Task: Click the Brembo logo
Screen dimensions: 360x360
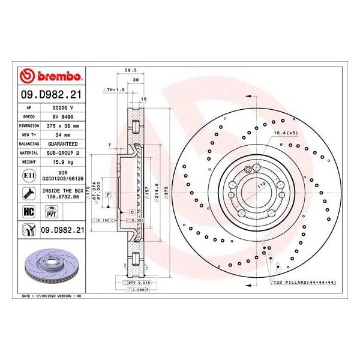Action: [52, 76]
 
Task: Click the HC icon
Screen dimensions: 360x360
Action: [28, 211]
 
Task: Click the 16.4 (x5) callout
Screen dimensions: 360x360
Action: [285, 132]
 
